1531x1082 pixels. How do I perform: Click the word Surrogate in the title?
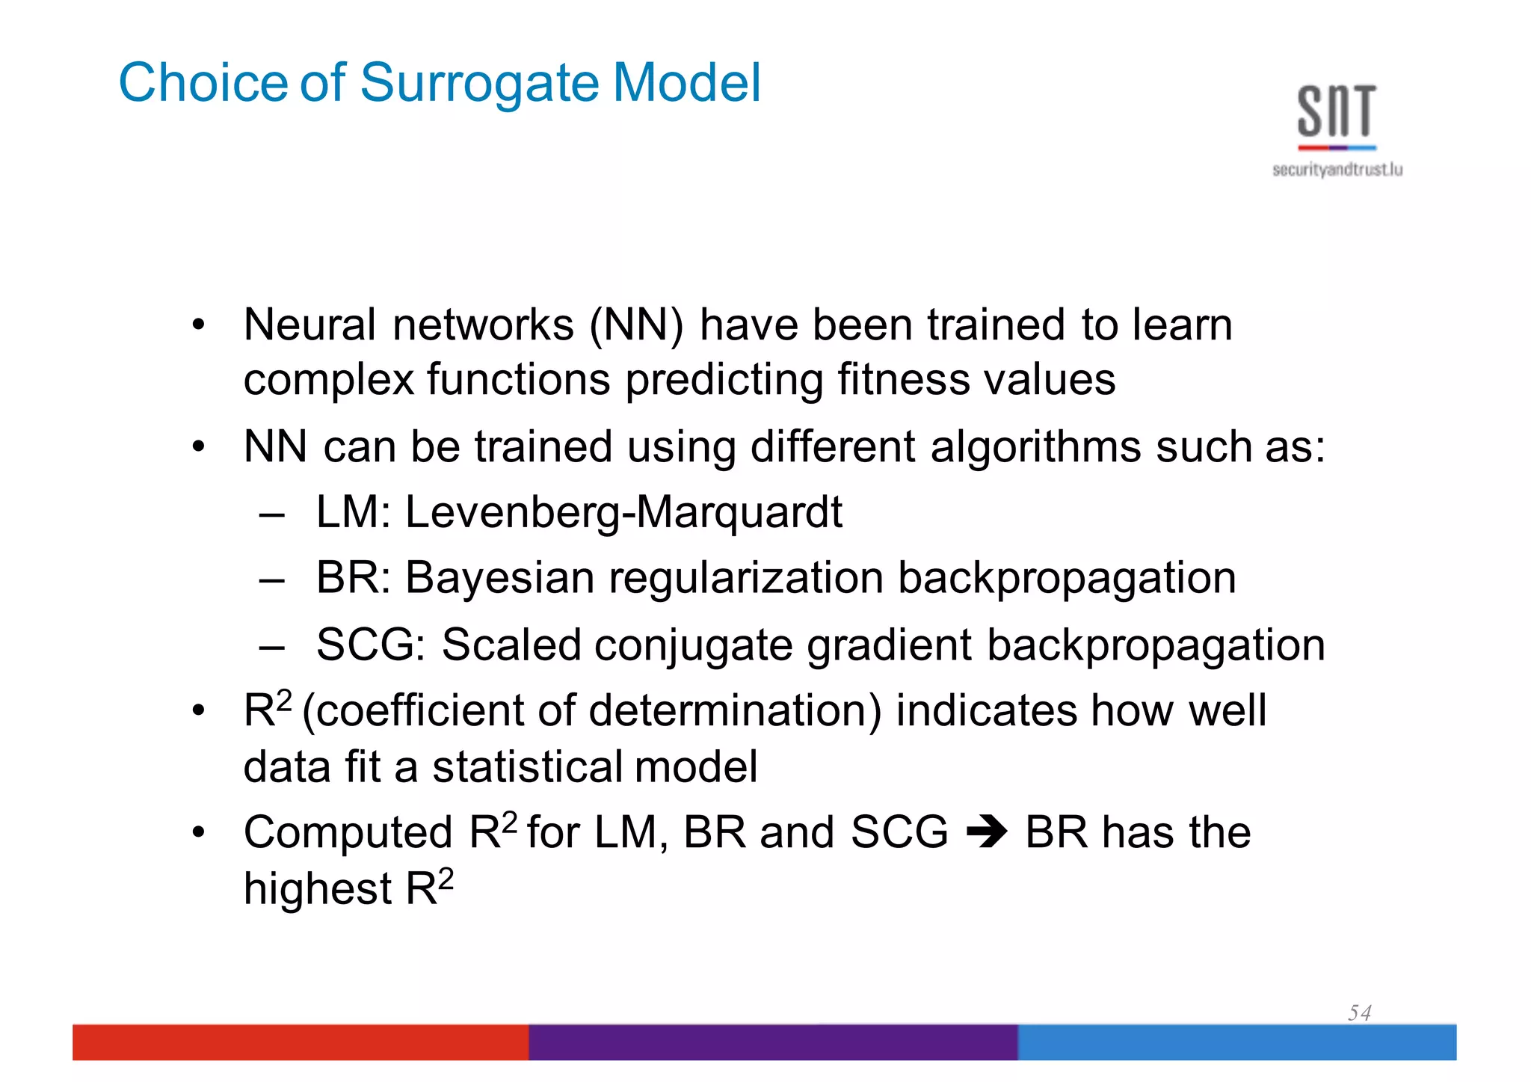480,82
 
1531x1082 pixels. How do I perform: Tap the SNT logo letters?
1337,112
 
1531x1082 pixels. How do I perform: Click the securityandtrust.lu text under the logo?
1337,170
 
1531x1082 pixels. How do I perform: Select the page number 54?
1359,1012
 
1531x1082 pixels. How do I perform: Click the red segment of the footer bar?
299,1042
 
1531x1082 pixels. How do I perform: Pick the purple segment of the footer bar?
772,1042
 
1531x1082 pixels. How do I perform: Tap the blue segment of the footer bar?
1236,1042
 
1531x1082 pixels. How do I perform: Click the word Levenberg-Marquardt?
623,513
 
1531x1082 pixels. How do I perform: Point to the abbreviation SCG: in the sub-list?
371,645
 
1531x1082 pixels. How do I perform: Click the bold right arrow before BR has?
987,832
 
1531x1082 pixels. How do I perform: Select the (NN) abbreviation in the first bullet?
636,326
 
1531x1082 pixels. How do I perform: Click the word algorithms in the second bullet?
1035,447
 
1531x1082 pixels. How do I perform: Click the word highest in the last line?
318,889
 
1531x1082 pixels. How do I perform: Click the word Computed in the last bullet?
348,832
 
